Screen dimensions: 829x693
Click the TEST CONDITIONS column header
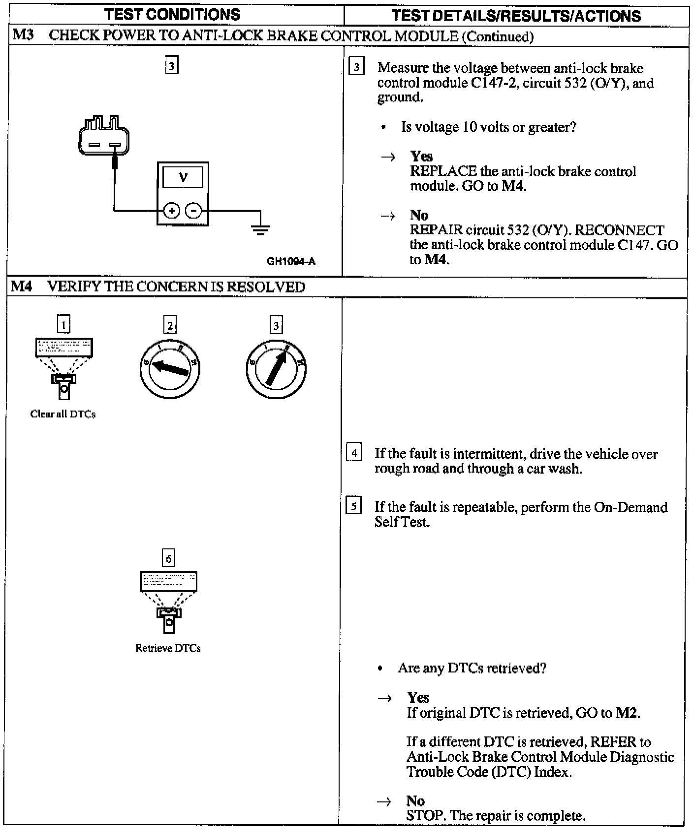(x=172, y=14)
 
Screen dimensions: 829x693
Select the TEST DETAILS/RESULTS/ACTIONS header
(x=516, y=16)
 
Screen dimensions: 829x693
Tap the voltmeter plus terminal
(x=172, y=211)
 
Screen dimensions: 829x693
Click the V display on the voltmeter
(x=183, y=177)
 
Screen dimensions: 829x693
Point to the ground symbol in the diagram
(x=260, y=228)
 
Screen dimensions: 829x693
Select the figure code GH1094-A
(x=291, y=261)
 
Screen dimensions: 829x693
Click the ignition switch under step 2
(x=170, y=369)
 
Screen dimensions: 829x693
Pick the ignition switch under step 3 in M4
(x=276, y=369)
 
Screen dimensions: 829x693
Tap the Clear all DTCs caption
(x=63, y=414)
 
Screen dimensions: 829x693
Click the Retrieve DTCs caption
(x=168, y=648)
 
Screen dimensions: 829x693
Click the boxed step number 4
(x=354, y=452)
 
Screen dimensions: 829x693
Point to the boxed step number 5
(x=354, y=506)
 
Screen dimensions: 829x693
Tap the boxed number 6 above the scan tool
(x=168, y=559)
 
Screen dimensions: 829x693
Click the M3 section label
(x=22, y=35)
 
